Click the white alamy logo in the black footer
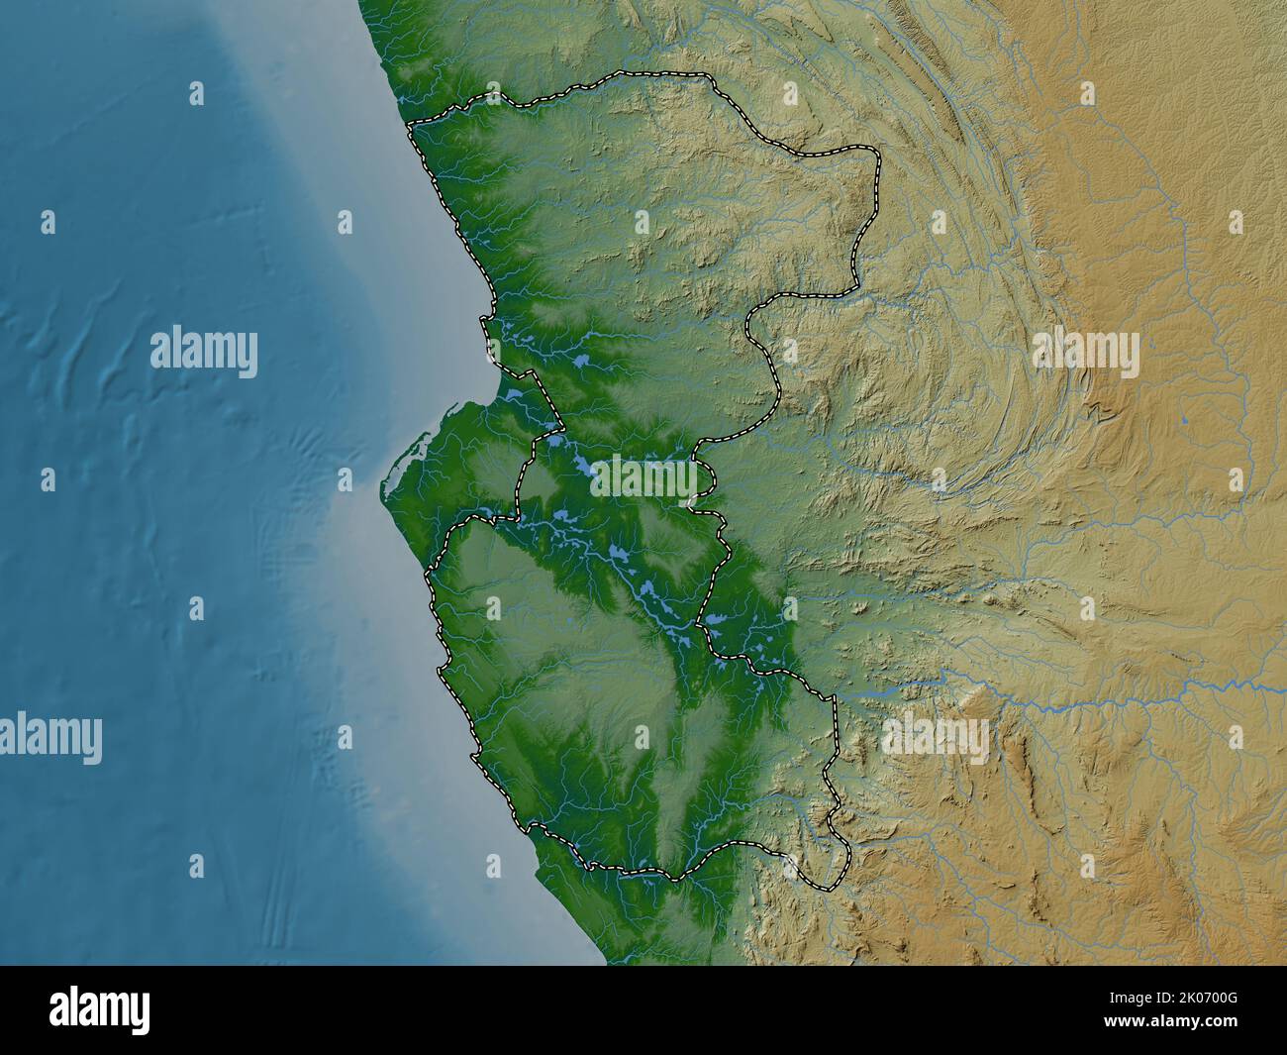point(100,1010)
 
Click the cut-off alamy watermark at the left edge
point(49,739)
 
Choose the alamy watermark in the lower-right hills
point(935,738)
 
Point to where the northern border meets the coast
point(410,123)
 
